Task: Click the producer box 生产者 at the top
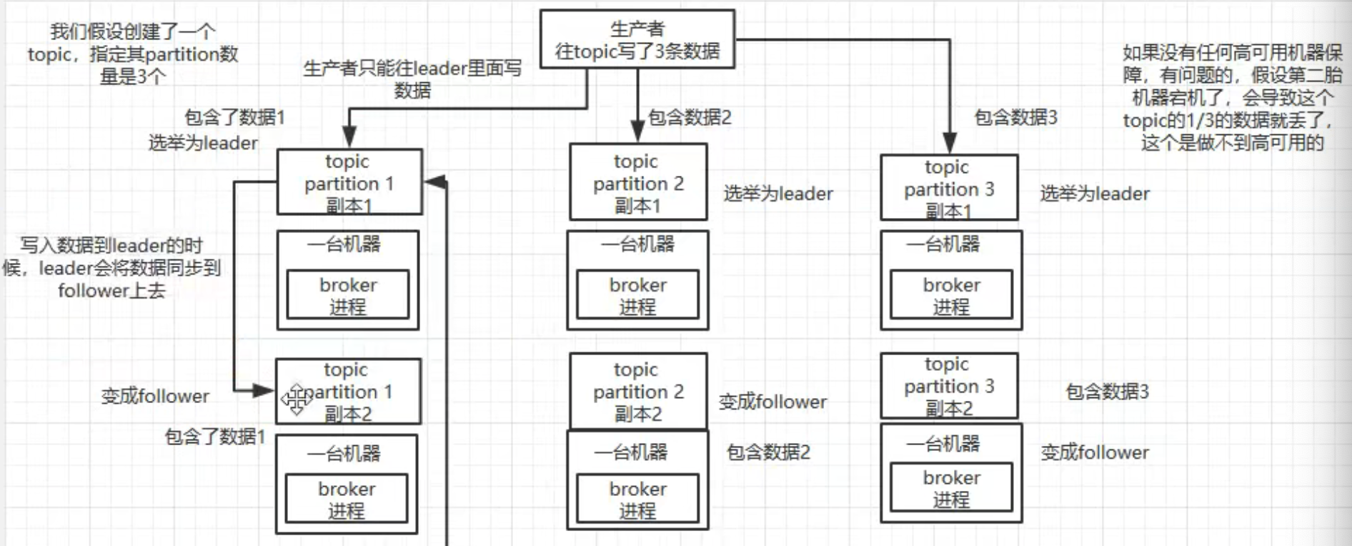[x=637, y=39]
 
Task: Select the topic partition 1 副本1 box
[x=349, y=182]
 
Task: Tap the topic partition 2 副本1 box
[x=638, y=182]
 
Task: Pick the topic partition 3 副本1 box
[x=949, y=188]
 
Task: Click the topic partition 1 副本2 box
[x=348, y=392]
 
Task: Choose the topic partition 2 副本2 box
[x=638, y=391]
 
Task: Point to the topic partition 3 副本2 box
[x=949, y=386]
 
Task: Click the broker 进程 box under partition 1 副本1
[x=348, y=294]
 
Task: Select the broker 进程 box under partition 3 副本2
[x=951, y=487]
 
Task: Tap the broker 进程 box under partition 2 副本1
[x=637, y=294]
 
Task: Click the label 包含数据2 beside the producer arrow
[x=690, y=117]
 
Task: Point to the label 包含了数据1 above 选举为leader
[x=235, y=117]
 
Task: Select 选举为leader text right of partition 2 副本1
[x=778, y=194]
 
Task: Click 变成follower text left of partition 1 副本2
[x=155, y=396]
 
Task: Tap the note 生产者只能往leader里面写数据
[x=412, y=79]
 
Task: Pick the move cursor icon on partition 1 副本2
[x=295, y=399]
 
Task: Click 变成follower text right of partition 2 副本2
[x=772, y=402]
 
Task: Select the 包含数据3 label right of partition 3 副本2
[x=1107, y=392]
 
